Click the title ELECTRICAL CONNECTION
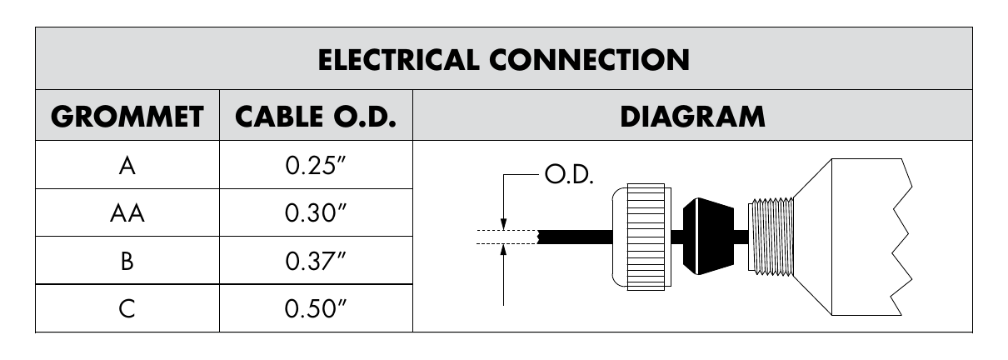coord(503,60)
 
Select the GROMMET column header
coord(127,117)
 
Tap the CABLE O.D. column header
coord(316,117)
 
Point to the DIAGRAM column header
coord(692,117)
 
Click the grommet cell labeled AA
coord(127,212)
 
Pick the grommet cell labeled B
coord(127,261)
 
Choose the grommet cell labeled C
coord(127,309)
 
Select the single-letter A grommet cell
coord(127,166)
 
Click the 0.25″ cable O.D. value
coord(316,166)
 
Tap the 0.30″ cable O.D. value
coord(316,212)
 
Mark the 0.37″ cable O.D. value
coord(316,261)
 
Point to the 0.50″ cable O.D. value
coord(316,309)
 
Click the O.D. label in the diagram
coord(569,175)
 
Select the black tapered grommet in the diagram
coord(708,237)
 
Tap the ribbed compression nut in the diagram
coord(642,237)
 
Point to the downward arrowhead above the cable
coord(503,223)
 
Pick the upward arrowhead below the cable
coord(503,250)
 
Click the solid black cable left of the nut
coord(575,237)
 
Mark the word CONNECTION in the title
coord(589,60)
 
